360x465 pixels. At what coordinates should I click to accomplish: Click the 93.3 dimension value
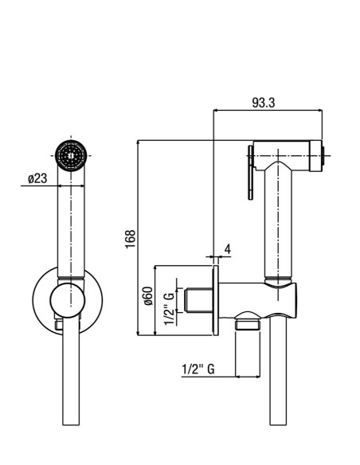pyautogui.click(x=264, y=103)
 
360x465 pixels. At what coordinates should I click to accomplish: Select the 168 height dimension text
pyautogui.click(x=131, y=239)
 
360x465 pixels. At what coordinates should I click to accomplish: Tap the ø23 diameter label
pyautogui.click(x=37, y=178)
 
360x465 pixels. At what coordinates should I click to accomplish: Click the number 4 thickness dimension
pyautogui.click(x=228, y=249)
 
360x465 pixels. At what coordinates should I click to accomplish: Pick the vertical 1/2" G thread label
pyautogui.click(x=170, y=308)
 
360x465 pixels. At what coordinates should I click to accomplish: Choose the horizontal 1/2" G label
pyautogui.click(x=198, y=369)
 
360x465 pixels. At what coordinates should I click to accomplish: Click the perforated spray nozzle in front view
pyautogui.click(x=71, y=155)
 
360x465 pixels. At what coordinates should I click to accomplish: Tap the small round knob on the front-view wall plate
pyautogui.click(x=68, y=300)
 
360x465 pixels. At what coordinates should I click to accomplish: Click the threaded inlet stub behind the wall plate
pyautogui.click(x=198, y=300)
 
